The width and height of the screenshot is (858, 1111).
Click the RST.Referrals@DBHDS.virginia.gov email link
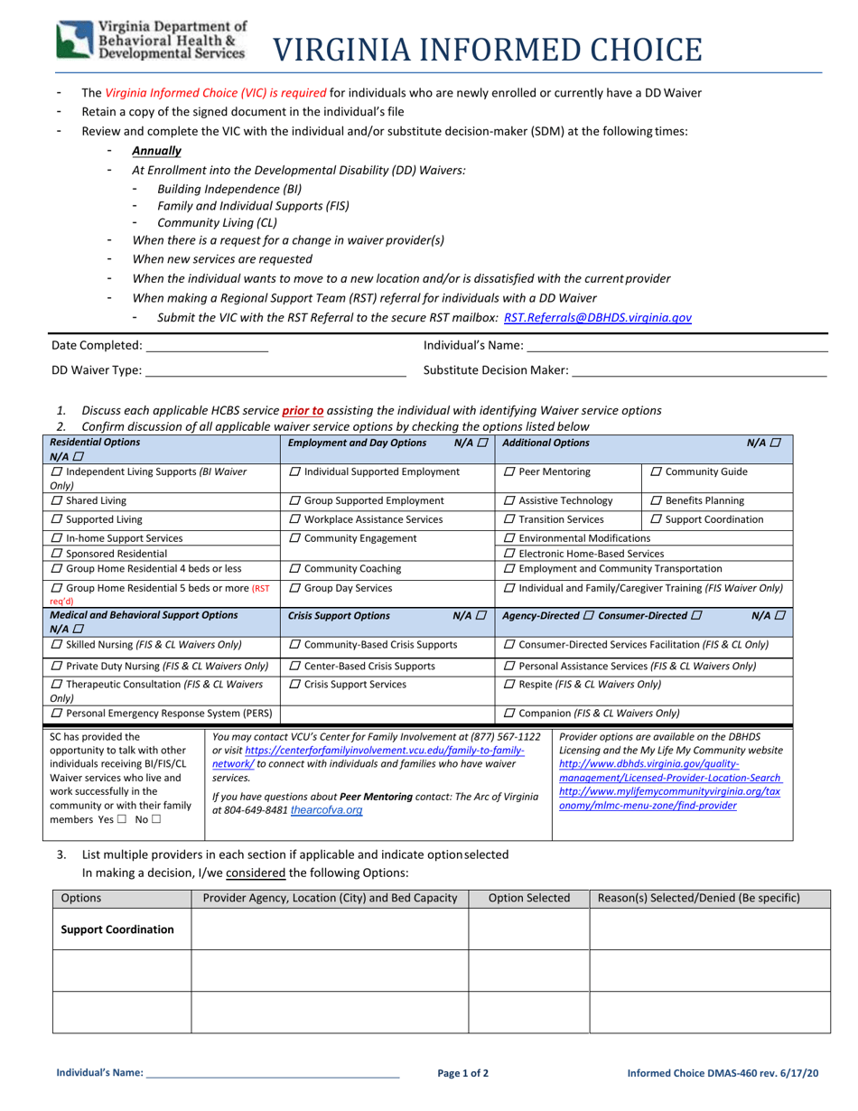(x=597, y=317)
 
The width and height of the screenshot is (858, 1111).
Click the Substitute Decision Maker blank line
(x=700, y=371)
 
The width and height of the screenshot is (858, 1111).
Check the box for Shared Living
(x=57, y=500)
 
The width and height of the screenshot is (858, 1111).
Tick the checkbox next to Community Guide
(x=656, y=472)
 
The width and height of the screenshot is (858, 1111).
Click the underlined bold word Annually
(x=156, y=151)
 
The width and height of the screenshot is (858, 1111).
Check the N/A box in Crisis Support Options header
(x=482, y=616)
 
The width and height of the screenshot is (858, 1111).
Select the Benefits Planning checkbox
(x=656, y=500)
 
